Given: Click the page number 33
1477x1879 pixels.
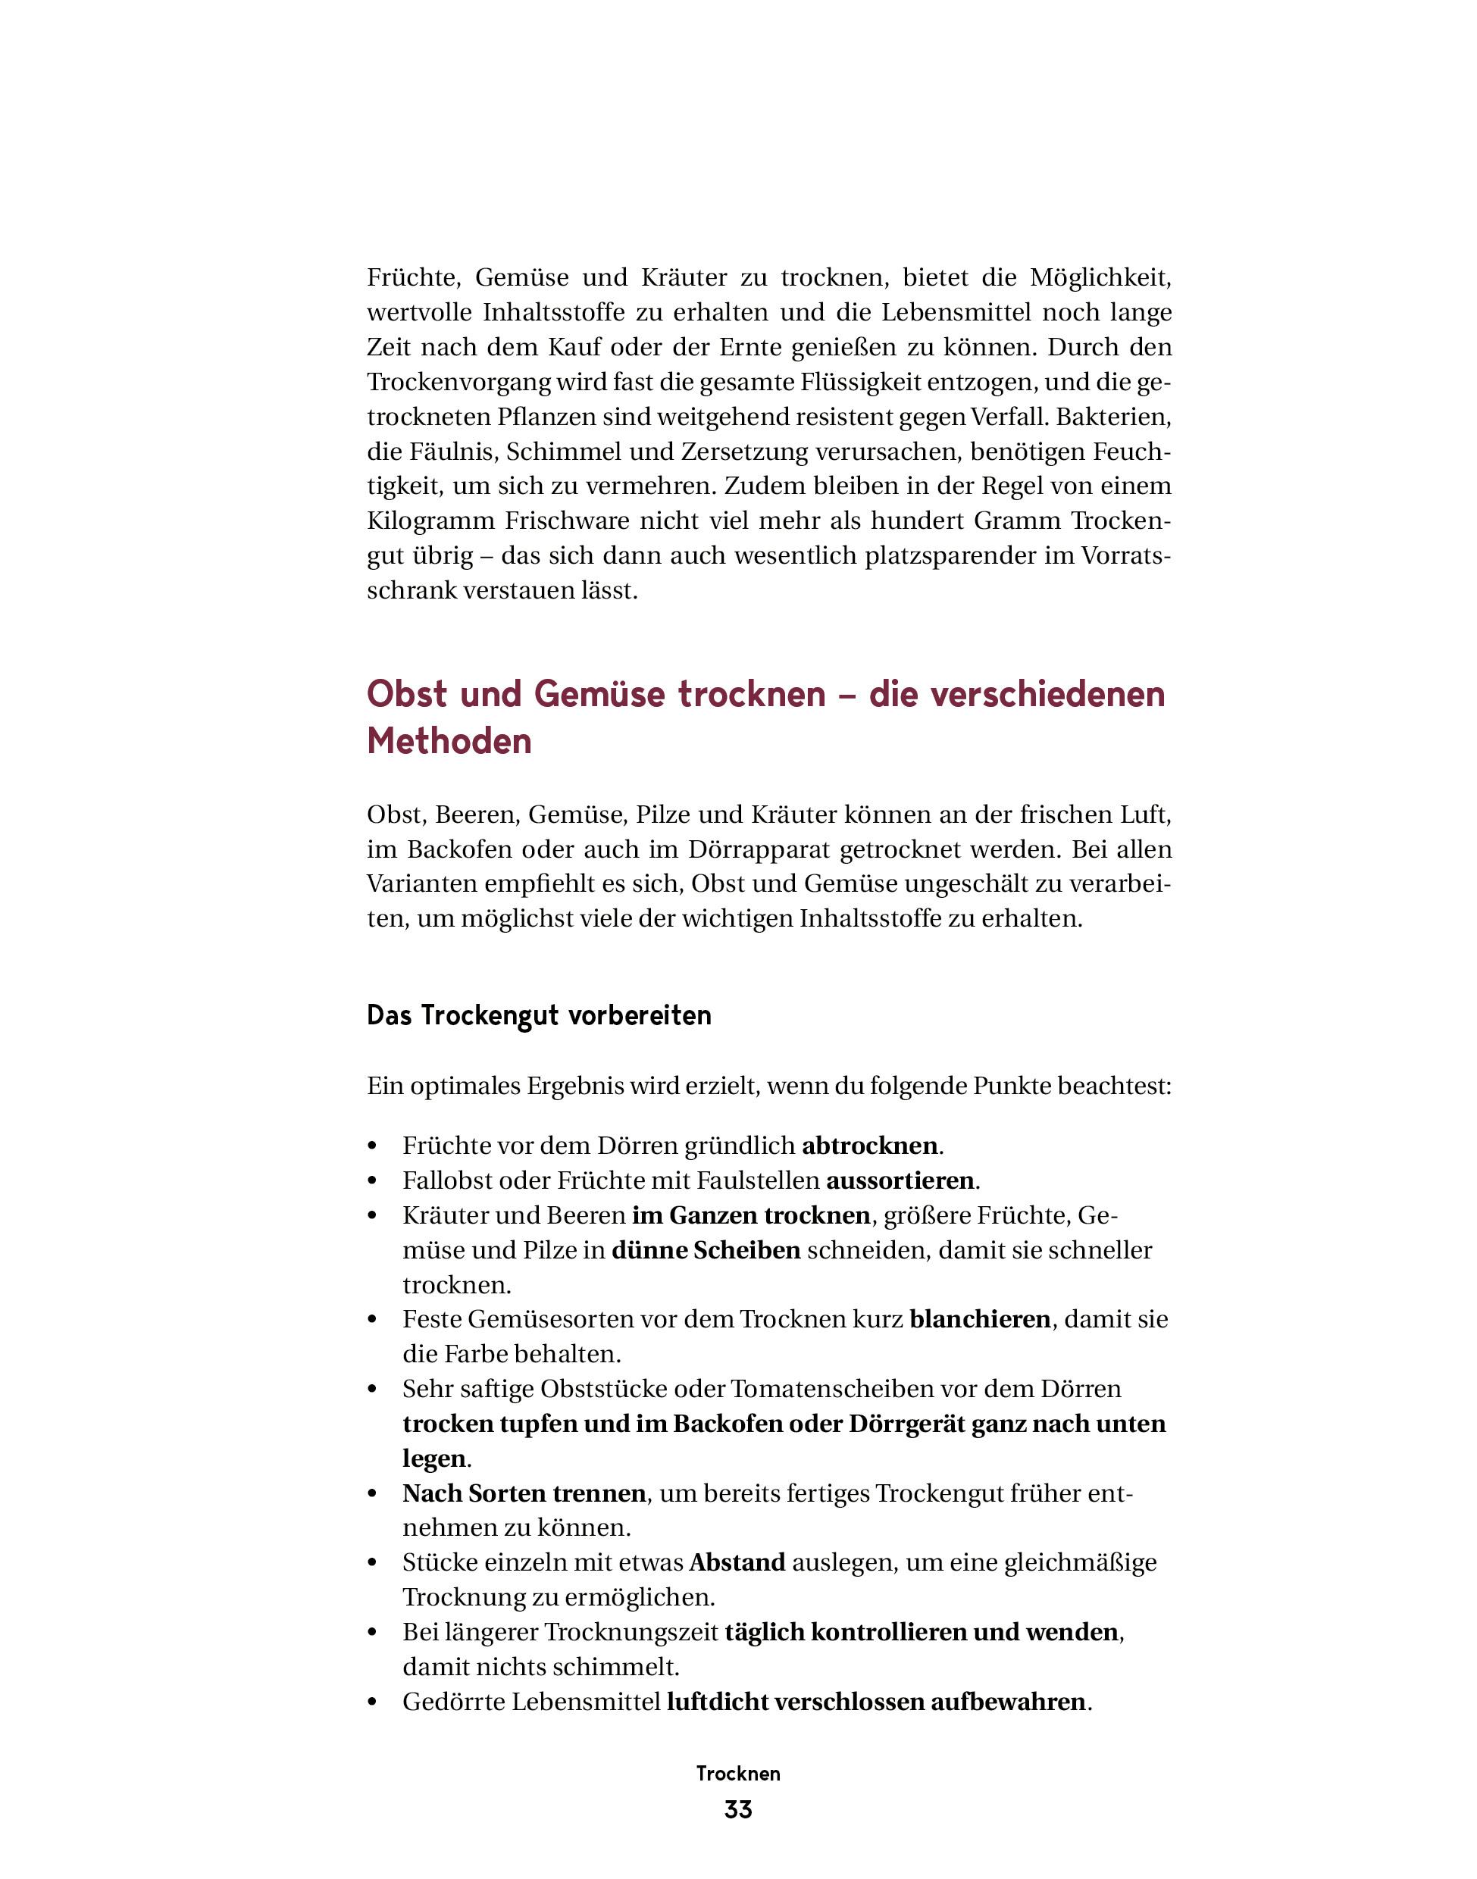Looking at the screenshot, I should tap(737, 1810).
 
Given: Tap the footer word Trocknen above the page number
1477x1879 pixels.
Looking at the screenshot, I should tap(737, 1774).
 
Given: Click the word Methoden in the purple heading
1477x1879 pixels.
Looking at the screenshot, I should tap(449, 741).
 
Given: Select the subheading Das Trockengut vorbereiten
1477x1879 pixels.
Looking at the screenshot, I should tap(539, 1015).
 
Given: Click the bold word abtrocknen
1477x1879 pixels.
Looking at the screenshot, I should tap(869, 1146).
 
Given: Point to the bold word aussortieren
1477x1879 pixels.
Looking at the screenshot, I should tap(900, 1180).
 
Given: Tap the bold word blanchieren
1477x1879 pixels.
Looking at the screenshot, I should tap(980, 1320).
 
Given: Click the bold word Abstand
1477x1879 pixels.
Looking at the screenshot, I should tap(737, 1562).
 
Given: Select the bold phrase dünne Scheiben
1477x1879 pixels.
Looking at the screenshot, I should tap(706, 1250).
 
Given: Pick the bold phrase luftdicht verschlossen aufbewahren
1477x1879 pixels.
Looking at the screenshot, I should tap(876, 1702).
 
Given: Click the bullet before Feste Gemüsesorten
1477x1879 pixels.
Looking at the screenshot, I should tap(374, 1321).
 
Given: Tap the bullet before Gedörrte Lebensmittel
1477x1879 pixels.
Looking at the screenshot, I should tap(374, 1702).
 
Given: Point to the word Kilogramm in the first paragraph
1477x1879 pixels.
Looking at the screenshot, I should tap(430, 521).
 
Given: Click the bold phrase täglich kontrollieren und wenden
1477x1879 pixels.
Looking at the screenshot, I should tap(921, 1633).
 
